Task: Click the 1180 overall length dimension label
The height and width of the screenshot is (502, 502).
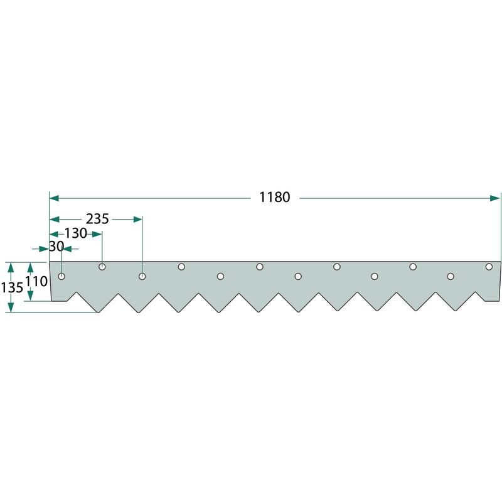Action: [274, 197]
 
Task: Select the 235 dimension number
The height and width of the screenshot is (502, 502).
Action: [97, 219]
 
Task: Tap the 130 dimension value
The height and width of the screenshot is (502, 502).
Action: [75, 233]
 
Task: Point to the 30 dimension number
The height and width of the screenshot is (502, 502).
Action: [56, 247]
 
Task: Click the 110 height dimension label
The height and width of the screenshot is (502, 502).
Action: [36, 282]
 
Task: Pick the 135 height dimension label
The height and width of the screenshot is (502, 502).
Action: [12, 287]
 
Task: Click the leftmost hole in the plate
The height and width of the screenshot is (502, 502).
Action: [61, 276]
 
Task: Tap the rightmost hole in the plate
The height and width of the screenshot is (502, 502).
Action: [489, 267]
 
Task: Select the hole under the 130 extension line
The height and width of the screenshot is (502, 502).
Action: [102, 267]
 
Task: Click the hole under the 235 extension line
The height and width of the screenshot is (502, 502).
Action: [142, 276]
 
